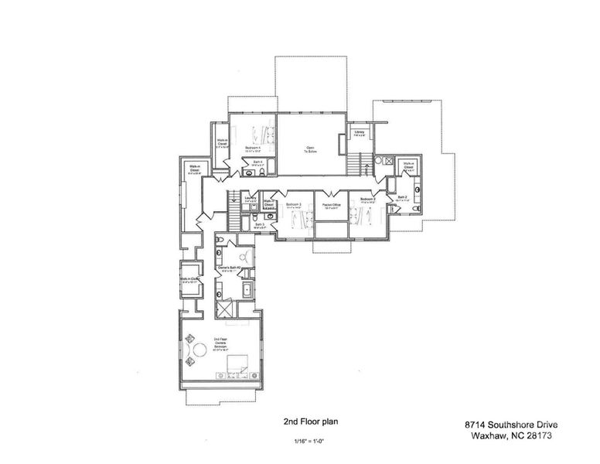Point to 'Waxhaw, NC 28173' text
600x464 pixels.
(510, 435)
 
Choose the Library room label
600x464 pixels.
(359, 133)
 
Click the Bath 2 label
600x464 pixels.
(402, 198)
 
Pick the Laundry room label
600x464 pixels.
(251, 199)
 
